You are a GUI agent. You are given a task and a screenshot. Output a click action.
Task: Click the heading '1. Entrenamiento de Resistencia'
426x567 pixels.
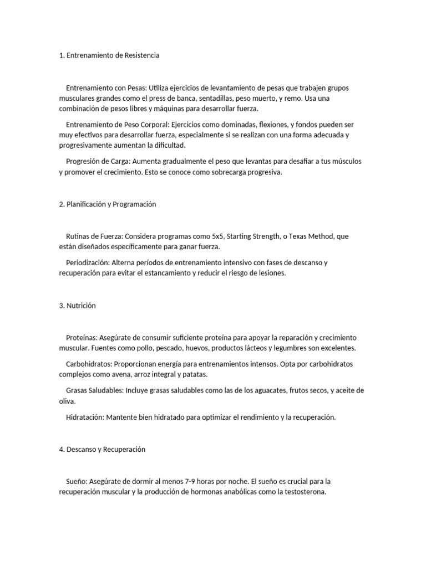coord(109,55)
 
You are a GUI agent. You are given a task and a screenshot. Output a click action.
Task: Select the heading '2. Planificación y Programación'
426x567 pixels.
coord(108,204)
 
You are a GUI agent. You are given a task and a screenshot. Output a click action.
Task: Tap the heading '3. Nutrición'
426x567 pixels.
coord(77,305)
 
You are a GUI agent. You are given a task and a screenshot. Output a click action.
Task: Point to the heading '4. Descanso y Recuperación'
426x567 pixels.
coord(102,449)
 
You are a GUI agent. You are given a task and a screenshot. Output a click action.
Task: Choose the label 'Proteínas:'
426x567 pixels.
coord(82,337)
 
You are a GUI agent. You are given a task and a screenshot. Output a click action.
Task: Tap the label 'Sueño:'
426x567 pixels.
coord(77,481)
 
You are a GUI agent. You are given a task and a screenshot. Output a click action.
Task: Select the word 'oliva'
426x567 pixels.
coord(67,401)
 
